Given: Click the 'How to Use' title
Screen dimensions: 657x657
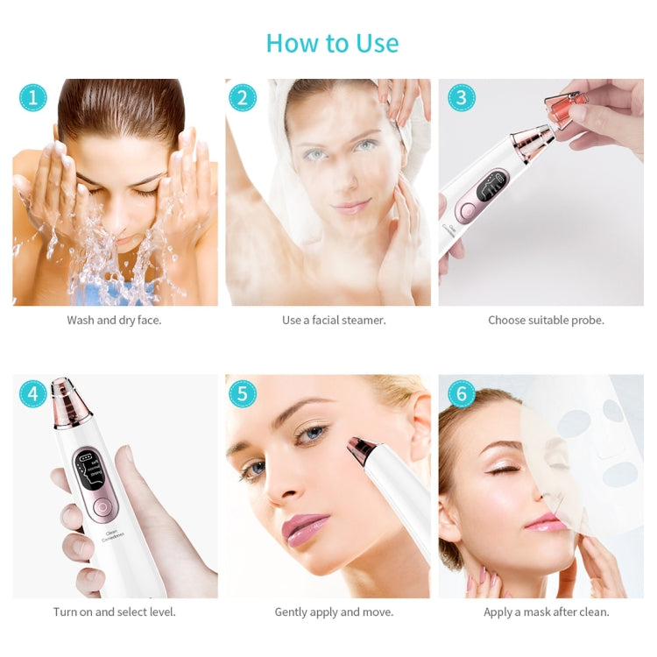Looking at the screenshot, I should pos(332,43).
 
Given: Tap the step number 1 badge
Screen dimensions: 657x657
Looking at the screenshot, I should pos(32,97).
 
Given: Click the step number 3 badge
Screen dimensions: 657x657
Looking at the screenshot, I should pos(461,97).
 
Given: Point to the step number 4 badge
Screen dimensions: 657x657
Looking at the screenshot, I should pos(32,393).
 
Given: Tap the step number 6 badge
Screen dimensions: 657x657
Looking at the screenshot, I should pos(461,393).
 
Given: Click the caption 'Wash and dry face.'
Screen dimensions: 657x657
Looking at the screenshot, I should pos(114,321).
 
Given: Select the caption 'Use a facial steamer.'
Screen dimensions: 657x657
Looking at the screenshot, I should pos(334,321).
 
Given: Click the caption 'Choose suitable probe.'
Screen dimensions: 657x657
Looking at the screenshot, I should pos(546,321).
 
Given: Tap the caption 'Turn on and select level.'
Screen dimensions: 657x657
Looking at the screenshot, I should pos(114,612).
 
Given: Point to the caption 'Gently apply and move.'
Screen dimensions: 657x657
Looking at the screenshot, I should pos(334,612).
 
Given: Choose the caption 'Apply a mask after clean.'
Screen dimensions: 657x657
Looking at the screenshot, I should pos(546,612).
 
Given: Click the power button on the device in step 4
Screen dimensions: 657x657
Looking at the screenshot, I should pos(102,506).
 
